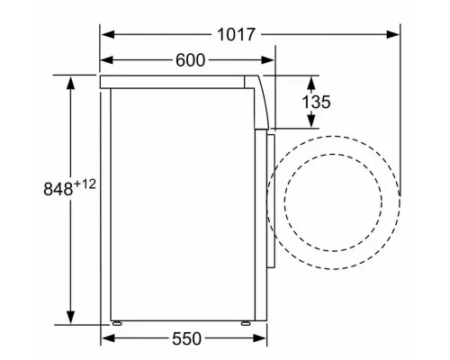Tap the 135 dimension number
click(x=317, y=103)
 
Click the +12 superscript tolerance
click(x=86, y=183)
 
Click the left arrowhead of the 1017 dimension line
click(x=105, y=35)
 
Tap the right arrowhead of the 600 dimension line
click(x=270, y=60)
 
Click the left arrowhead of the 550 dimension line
click(x=105, y=339)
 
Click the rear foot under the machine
click(x=116, y=321)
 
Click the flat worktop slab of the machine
click(x=175, y=82)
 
